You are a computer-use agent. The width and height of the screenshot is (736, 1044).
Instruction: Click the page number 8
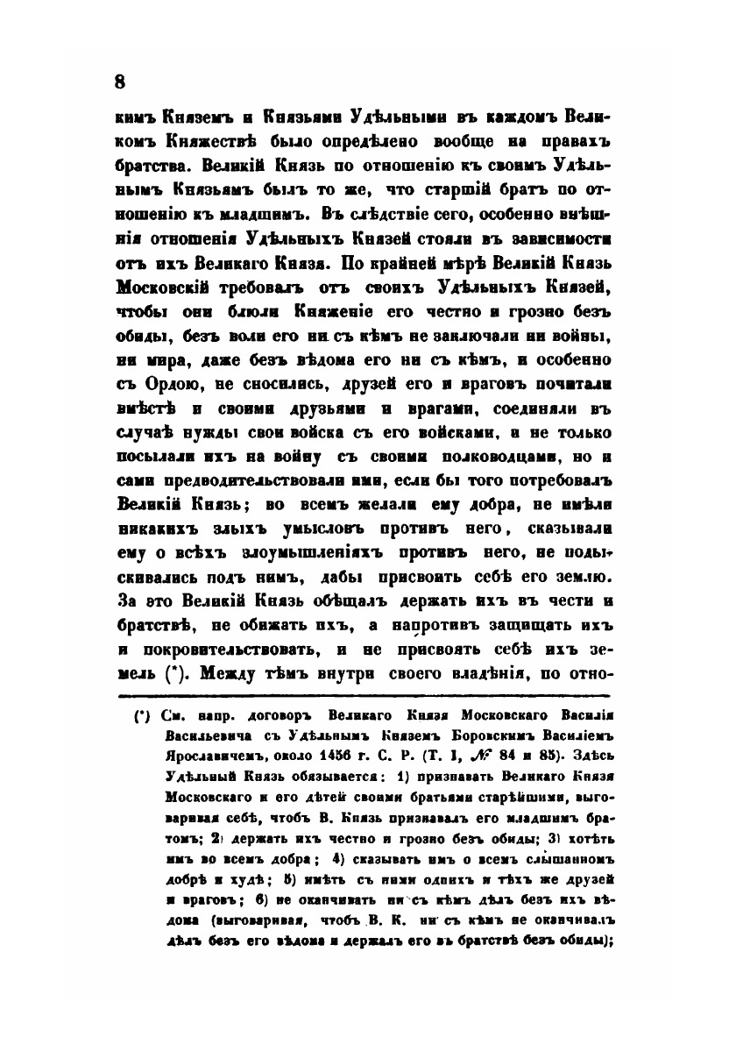point(120,82)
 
